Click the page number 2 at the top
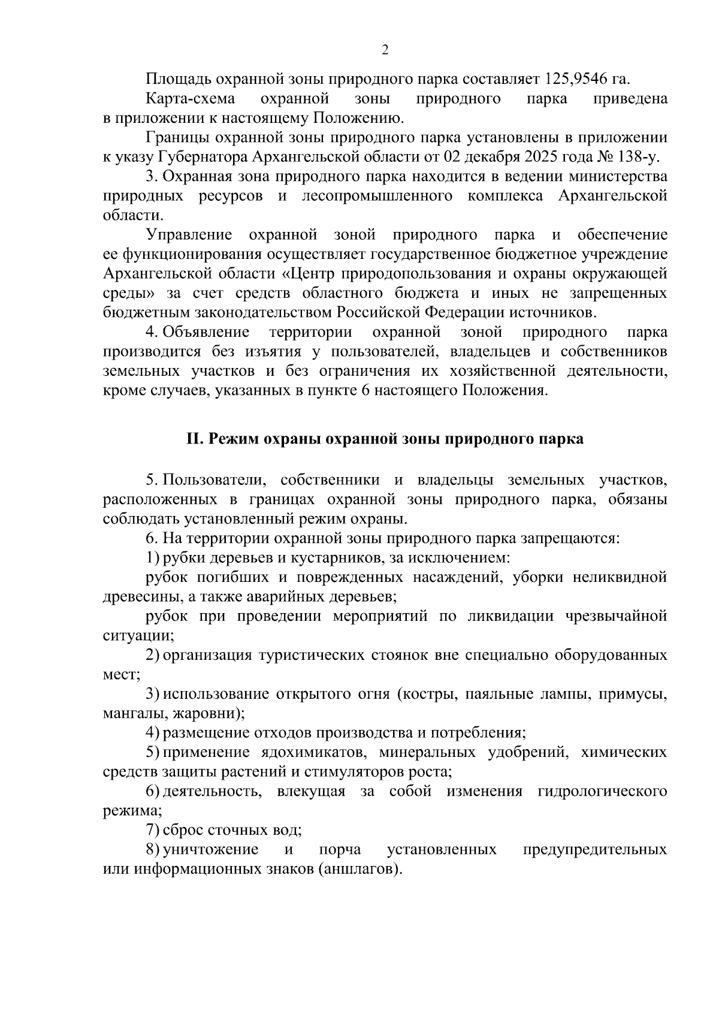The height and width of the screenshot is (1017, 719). pyautogui.click(x=385, y=50)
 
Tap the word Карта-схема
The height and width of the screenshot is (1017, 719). pyautogui.click(x=190, y=98)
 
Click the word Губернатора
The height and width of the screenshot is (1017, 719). pyautogui.click(x=202, y=157)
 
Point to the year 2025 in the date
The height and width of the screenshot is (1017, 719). pyautogui.click(x=538, y=157)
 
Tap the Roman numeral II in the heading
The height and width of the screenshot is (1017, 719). pyautogui.click(x=194, y=439)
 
